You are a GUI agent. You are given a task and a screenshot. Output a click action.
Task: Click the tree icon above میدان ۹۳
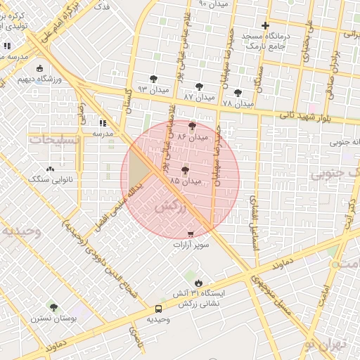tap(153, 79)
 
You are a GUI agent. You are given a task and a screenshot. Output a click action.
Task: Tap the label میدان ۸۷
tap(198, 96)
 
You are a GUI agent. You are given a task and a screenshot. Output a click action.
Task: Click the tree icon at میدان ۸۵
tap(185, 170)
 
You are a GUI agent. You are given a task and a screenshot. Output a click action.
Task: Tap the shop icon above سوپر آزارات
tap(190, 233)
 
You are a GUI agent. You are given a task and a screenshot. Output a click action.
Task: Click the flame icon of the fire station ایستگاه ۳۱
tap(198, 283)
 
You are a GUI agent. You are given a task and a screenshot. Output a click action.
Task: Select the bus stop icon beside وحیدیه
tap(158, 309)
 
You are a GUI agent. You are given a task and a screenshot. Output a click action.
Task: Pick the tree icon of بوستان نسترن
tap(53, 307)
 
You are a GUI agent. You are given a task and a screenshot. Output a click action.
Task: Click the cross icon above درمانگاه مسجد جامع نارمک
tap(265, 26)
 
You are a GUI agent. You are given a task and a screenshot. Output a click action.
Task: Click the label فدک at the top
tap(101, 6)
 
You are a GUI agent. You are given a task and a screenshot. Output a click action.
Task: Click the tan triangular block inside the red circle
tap(138, 166)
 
